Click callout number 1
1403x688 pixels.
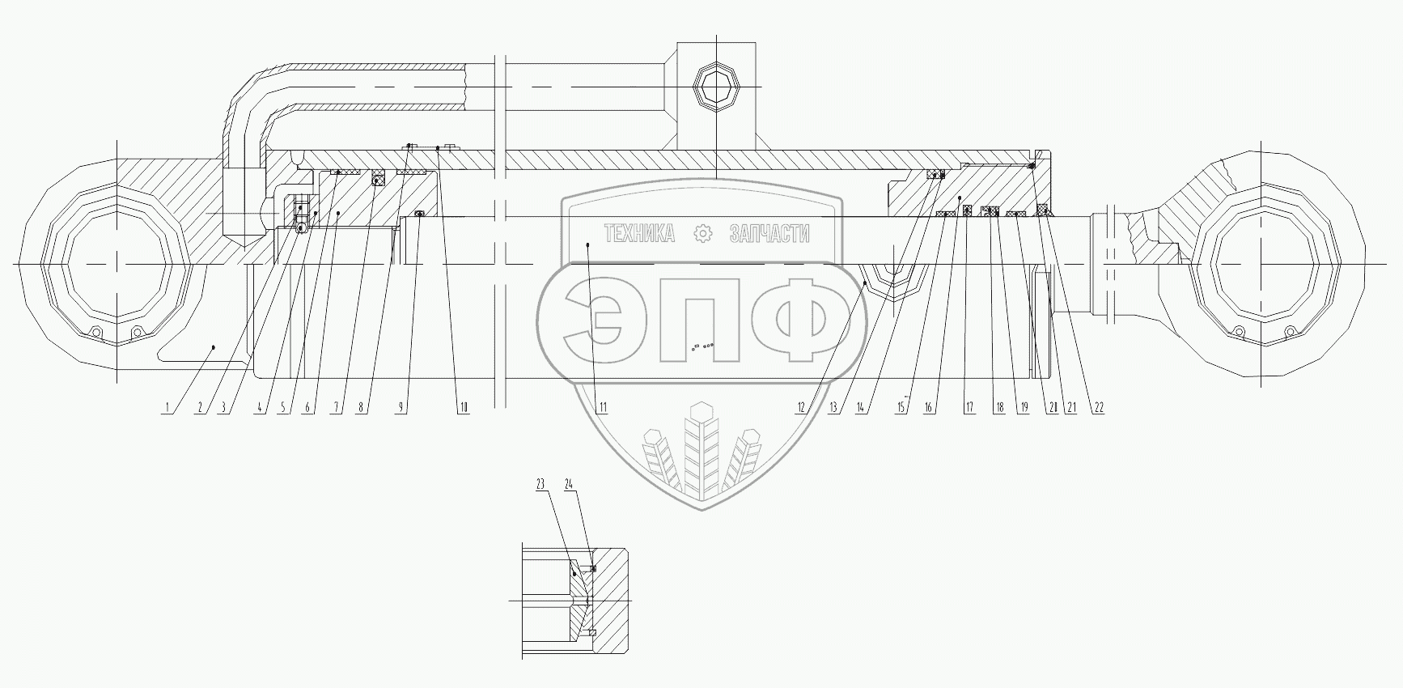click(x=167, y=408)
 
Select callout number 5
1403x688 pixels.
click(x=283, y=408)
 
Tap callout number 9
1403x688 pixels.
click(x=400, y=408)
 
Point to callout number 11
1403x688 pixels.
click(x=600, y=408)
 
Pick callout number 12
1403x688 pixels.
click(x=800, y=408)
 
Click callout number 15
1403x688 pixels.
click(x=900, y=408)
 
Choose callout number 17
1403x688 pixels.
click(x=969, y=408)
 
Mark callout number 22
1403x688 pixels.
click(x=1098, y=408)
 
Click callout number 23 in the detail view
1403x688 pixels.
click(x=540, y=485)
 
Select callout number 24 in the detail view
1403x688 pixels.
click(x=569, y=485)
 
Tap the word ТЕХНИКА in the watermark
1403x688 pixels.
click(x=639, y=235)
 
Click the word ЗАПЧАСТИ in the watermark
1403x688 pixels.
click(x=769, y=235)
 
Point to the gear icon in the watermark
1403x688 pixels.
click(x=703, y=235)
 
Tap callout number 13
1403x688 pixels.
click(x=833, y=408)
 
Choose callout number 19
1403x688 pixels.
click(x=1024, y=408)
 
